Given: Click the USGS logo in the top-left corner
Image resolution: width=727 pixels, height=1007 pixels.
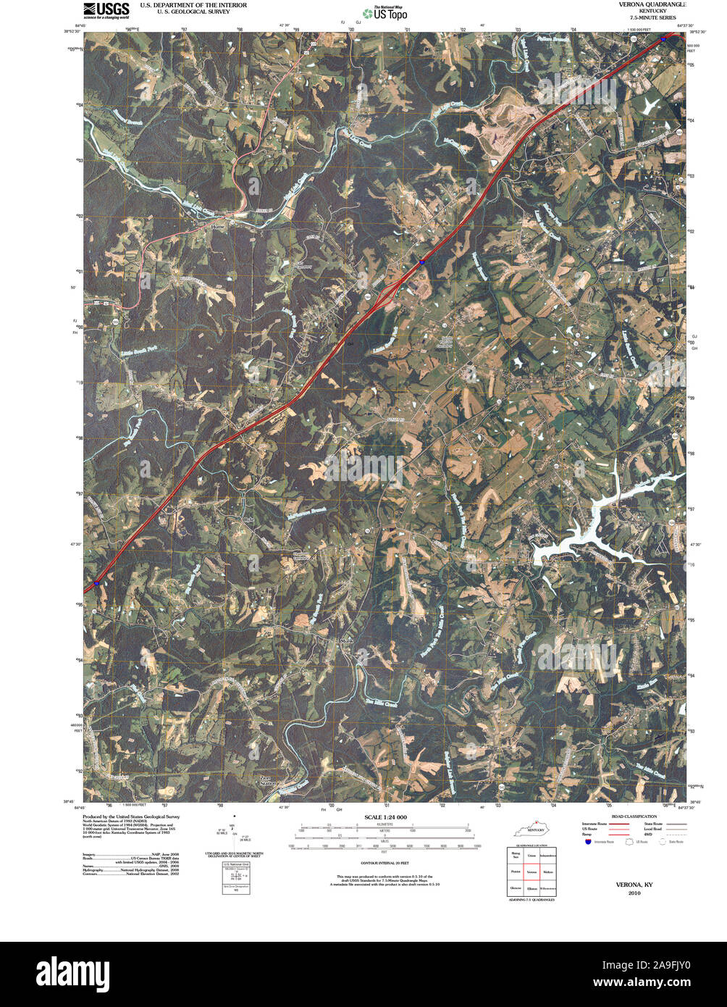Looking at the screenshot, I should (106, 9).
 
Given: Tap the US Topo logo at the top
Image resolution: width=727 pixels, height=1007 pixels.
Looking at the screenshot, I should (384, 13).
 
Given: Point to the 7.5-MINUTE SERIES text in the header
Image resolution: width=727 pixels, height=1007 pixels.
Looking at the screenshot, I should (652, 17).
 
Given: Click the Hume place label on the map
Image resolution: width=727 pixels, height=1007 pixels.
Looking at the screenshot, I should (218, 227).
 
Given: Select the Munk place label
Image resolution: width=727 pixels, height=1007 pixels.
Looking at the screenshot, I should (345, 641).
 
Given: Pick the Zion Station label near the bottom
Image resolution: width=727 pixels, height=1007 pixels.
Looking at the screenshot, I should (269, 781).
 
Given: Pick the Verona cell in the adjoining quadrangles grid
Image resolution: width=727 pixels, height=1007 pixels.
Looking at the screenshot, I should (531, 872).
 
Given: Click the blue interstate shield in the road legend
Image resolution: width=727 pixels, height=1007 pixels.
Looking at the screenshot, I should (587, 842).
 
